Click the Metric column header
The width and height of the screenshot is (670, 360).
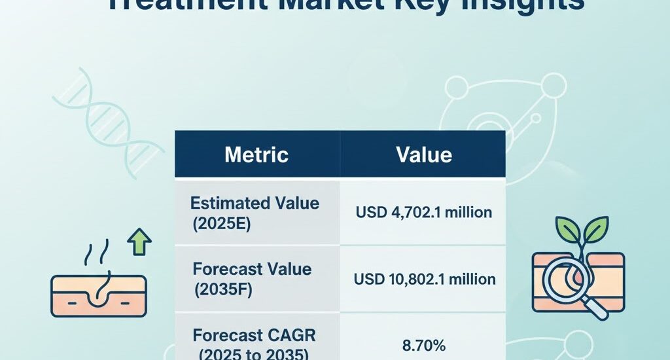point(256,154)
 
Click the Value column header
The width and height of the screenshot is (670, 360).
point(423,154)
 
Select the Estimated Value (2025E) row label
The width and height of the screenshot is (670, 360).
point(255,212)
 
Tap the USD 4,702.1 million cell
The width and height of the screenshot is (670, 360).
point(423,213)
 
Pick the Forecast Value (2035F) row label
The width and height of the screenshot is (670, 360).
point(252,279)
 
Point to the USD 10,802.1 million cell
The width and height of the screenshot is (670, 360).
point(424,279)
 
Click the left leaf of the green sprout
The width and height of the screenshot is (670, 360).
point(567,230)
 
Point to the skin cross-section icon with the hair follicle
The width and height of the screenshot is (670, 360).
point(98,295)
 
